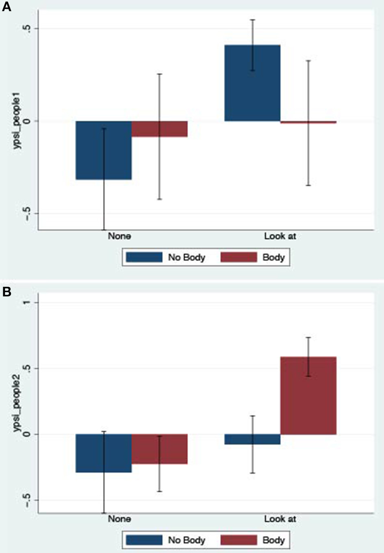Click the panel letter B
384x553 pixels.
(7, 292)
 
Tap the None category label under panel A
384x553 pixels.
(119, 236)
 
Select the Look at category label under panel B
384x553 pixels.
(280, 519)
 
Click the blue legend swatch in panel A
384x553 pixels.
(144, 257)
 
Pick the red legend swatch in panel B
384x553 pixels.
(239, 540)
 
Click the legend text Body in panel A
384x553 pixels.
(273, 257)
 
